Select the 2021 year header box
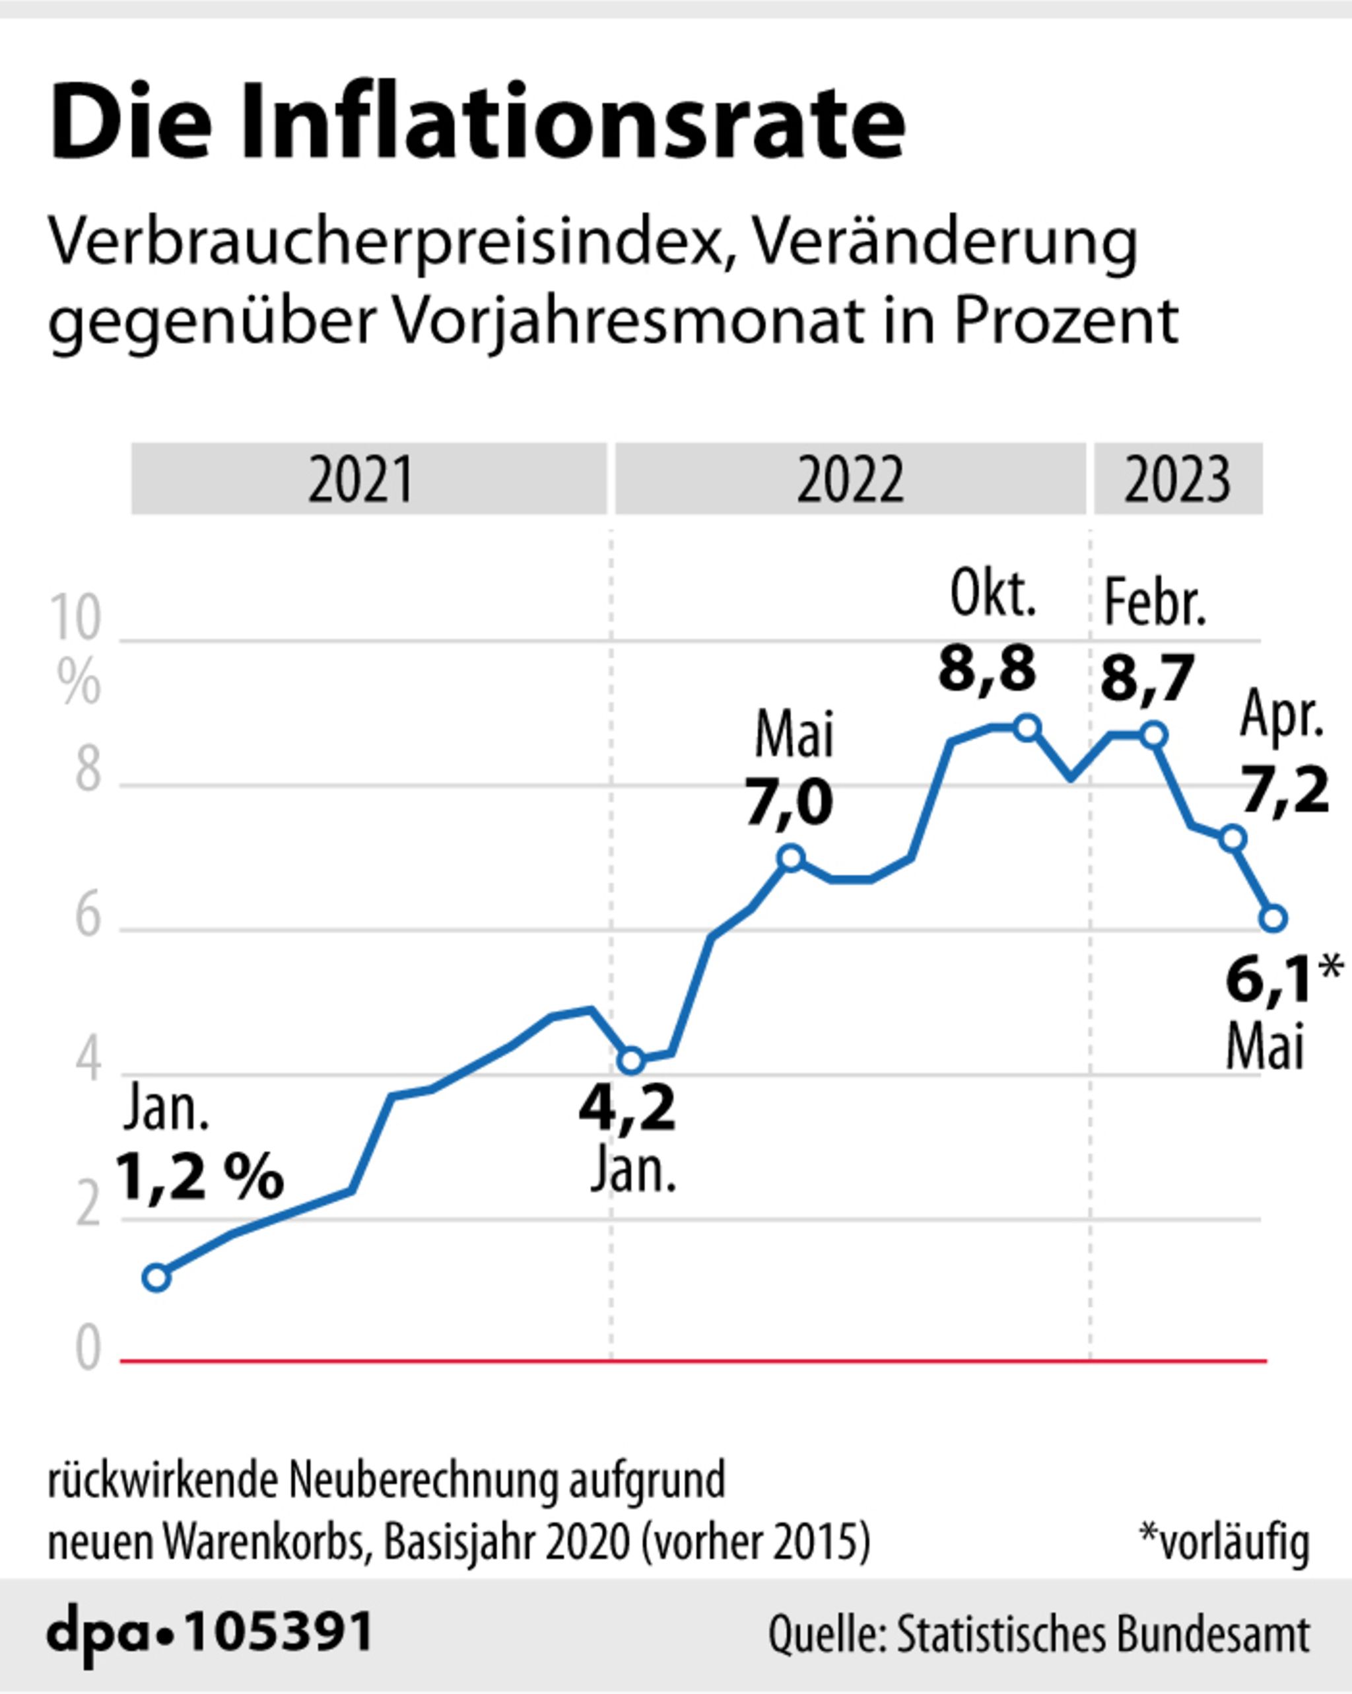(368, 479)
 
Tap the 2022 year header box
(850, 479)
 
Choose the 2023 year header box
(1178, 479)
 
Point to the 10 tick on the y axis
(75, 618)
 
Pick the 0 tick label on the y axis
(88, 1349)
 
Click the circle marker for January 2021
(156, 1277)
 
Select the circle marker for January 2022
(632, 1061)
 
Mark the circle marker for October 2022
(1027, 728)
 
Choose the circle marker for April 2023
(1233, 839)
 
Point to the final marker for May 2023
(1273, 918)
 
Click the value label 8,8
(987, 670)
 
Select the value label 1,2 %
(199, 1177)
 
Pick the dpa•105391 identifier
(210, 1632)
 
